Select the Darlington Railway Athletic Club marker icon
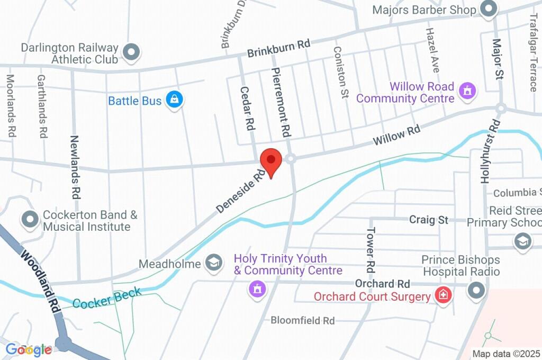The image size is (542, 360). [x=130, y=52]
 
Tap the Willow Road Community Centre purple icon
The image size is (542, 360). [x=467, y=91]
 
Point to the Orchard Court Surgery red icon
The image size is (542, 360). [x=442, y=295]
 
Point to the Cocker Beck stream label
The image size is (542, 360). [x=107, y=298]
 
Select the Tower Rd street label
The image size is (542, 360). [x=371, y=247]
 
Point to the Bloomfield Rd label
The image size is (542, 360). [x=303, y=320]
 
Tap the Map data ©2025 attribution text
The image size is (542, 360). [x=506, y=353]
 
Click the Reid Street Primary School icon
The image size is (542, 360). [x=522, y=241]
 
